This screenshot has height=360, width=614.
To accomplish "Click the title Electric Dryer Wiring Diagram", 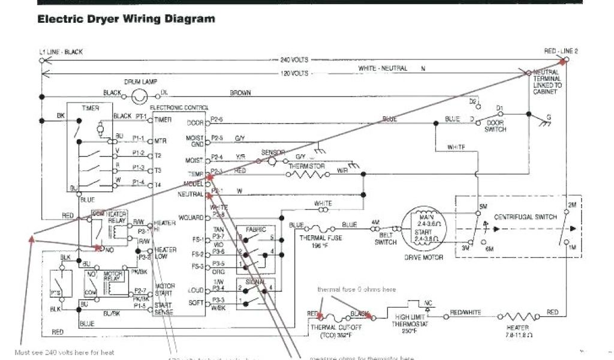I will point(126,19).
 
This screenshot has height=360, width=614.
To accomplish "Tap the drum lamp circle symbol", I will point(140,94).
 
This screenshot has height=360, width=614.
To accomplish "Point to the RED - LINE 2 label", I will point(561,52).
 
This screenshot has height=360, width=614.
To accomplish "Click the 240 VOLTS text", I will point(294,60).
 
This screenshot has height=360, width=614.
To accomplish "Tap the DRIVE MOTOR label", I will point(424,257).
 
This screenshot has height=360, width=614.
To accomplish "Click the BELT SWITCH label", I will point(385,239).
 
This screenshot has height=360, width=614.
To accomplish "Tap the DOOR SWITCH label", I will point(495,125).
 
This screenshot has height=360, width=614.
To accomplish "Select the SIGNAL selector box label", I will point(250,281).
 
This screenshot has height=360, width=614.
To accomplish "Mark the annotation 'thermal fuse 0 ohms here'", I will point(356,289).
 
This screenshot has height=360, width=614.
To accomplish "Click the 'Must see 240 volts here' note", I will point(64,352).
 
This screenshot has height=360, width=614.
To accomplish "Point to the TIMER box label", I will point(91,107).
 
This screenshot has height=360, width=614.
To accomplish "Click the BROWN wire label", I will point(240,93).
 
